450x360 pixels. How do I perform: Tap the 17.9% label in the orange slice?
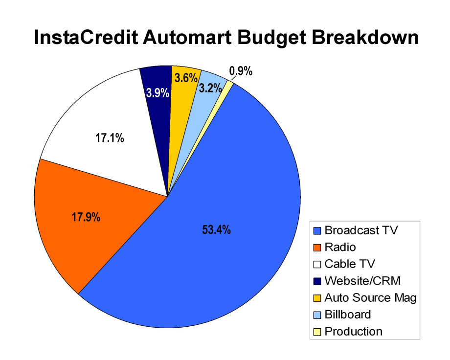click(86, 218)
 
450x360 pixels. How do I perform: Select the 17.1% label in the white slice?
click(110, 138)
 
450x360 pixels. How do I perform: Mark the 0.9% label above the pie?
click(241, 71)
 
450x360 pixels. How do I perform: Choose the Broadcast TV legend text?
click(361, 230)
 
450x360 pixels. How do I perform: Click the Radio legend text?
click(340, 247)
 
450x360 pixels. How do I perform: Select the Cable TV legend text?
click(350, 264)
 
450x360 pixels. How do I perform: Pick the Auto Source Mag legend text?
click(370, 297)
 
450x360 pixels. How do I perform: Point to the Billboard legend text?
click(348, 315)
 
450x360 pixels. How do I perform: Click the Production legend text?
click(353, 331)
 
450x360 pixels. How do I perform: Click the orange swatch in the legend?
click(317, 247)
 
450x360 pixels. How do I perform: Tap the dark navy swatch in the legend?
click(317, 281)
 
